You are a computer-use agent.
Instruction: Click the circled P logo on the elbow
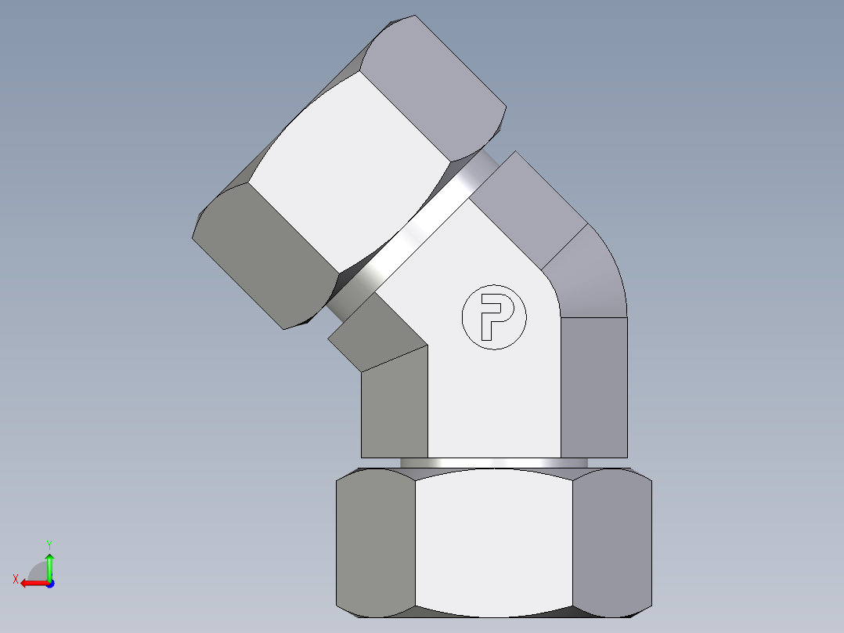(x=494, y=317)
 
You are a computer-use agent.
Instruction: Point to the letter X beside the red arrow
(x=15, y=579)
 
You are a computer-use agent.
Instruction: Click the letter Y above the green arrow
(x=49, y=543)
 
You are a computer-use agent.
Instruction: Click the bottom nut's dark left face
(x=375, y=542)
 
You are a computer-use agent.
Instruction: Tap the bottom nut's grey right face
(x=612, y=542)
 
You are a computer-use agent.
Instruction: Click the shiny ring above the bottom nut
(x=494, y=463)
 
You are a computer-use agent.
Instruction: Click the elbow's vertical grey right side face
(x=594, y=387)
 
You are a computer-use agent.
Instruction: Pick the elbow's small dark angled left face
(x=376, y=337)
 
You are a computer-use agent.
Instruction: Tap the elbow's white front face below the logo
(x=494, y=400)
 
